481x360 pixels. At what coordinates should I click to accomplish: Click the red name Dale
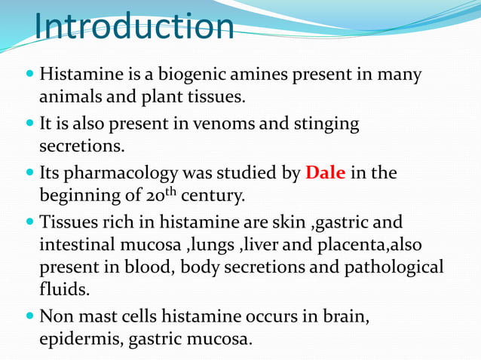tap(325, 173)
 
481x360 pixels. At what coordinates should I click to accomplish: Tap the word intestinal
tap(81, 245)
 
